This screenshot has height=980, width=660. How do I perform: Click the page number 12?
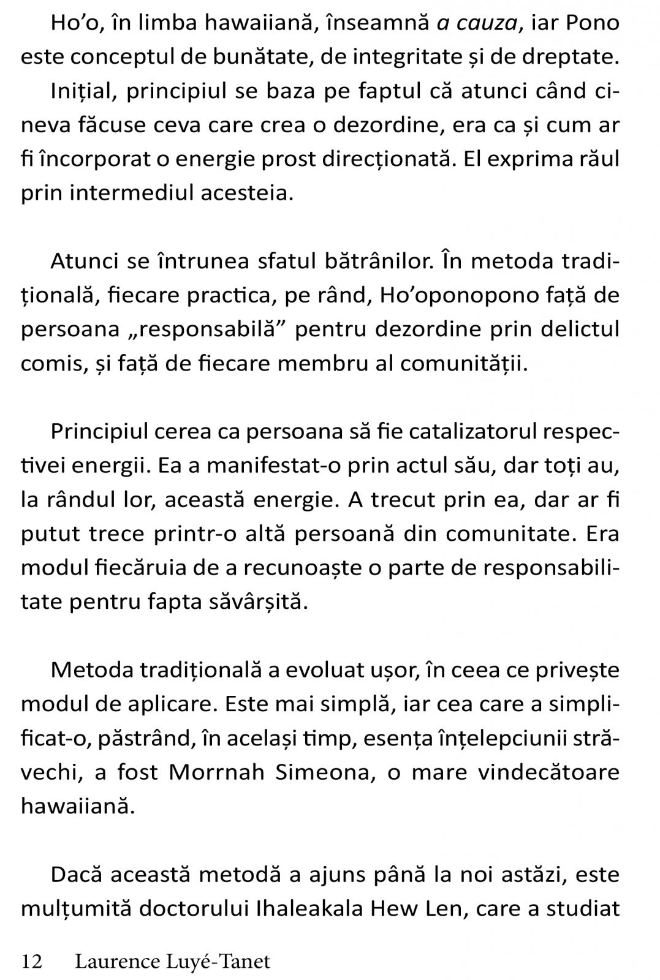coord(32,962)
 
